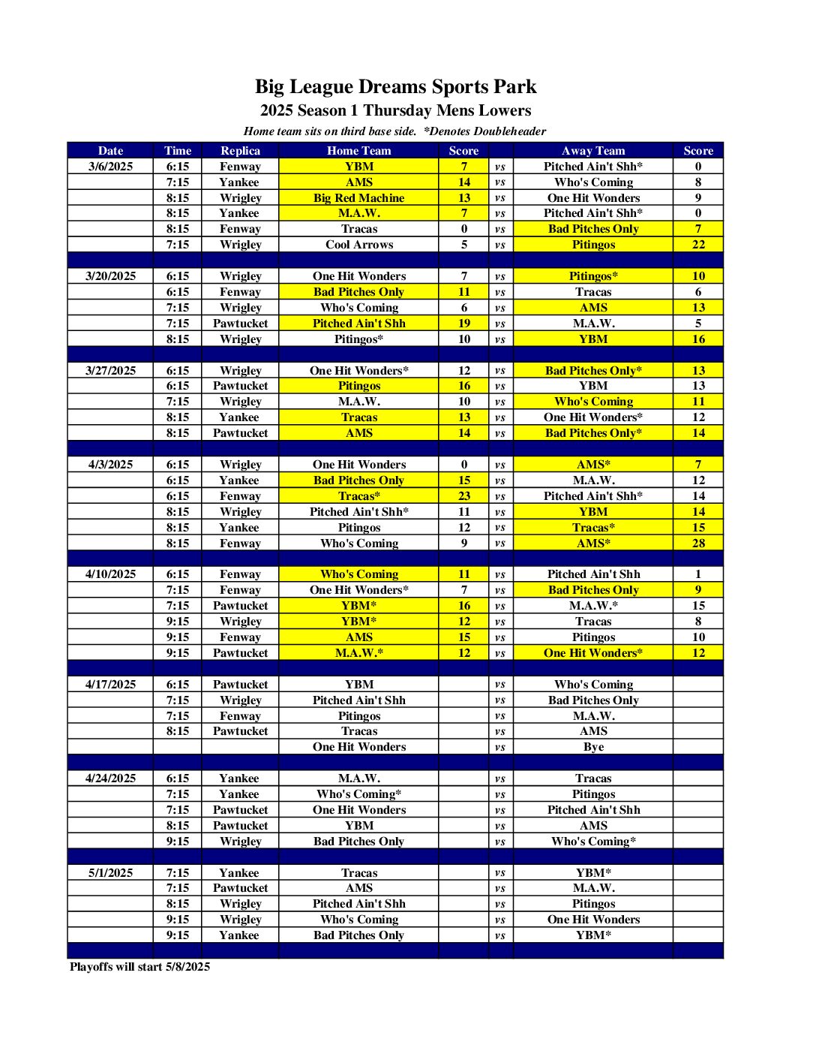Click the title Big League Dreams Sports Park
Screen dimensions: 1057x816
395,87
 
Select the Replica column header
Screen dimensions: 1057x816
240,150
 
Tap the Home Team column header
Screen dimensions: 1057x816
358,150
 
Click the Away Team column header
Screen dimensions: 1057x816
592,150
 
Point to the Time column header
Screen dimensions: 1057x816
178,150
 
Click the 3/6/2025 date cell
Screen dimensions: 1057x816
110,167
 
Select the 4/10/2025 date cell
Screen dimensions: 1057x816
110,574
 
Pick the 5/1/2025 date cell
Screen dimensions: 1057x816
110,873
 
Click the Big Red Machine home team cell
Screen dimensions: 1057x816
358,198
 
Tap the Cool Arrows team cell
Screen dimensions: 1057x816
358,245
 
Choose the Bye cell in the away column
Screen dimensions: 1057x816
592,747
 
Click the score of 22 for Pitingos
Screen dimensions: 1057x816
697,245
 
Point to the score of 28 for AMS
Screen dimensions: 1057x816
697,544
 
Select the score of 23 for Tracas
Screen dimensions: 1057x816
463,496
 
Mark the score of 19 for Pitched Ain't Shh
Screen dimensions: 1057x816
463,324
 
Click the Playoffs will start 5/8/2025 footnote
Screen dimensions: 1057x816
139,967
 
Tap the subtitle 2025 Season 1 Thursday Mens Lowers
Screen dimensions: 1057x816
395,111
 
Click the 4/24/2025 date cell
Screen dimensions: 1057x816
110,778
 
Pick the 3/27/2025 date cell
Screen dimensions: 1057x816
110,371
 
